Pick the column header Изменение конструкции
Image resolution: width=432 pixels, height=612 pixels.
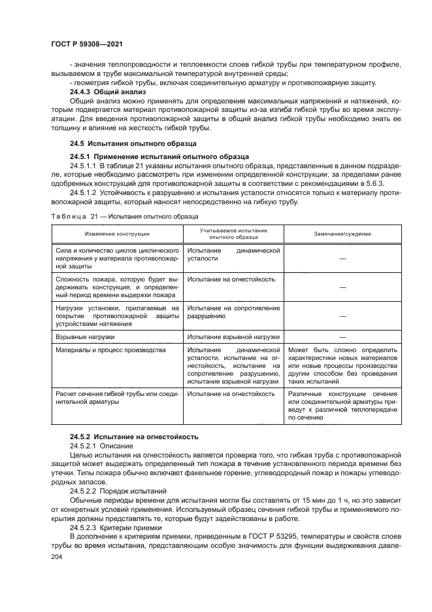coord(116,234)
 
